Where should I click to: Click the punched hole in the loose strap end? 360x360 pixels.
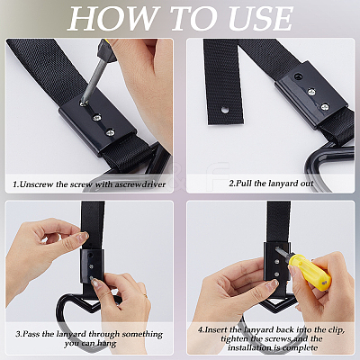pyautogui.click(x=224, y=110)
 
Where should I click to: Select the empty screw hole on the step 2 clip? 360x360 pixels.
pyautogui.click(x=298, y=76)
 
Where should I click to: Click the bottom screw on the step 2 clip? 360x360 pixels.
pyautogui.click(x=324, y=107)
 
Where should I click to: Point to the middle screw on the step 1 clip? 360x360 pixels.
pyautogui.click(x=96, y=117)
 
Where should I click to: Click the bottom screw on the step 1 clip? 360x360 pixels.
pyautogui.click(x=110, y=131)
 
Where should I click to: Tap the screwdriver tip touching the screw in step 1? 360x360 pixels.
pyautogui.click(x=83, y=103)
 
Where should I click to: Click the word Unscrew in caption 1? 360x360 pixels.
pyautogui.click(x=36, y=184)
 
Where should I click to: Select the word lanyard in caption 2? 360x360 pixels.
pyautogui.click(x=280, y=184)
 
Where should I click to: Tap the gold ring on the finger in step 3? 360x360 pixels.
pyautogui.click(x=145, y=295)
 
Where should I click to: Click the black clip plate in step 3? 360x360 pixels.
pyautogui.click(x=93, y=265)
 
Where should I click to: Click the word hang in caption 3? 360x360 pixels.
pyautogui.click(x=107, y=344)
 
